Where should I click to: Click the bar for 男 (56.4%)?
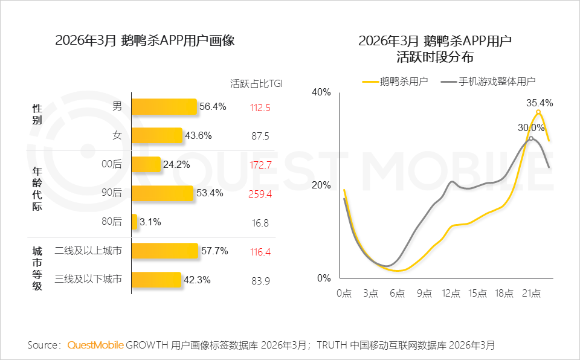164,107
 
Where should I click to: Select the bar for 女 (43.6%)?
156,135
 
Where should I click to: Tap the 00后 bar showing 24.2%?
146,164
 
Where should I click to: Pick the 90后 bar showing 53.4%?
161,193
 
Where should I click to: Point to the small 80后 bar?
135,222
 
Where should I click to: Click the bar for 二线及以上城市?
164,251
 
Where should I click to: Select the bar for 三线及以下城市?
156,280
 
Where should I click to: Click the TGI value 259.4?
260,194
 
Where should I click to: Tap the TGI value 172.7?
260,165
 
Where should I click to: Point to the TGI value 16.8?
260,223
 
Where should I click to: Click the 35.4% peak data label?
540,103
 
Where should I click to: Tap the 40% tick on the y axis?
321,92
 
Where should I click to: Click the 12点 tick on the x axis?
451,294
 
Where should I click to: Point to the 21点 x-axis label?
530,294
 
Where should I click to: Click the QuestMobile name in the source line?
95,345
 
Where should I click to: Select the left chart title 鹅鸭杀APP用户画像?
144,41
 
